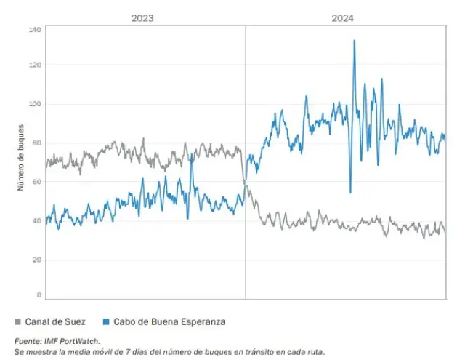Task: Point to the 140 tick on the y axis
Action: pyautogui.click(x=35, y=30)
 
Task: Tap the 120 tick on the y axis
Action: pyautogui.click(x=35, y=65)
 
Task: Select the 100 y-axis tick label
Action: pyautogui.click(x=35, y=104)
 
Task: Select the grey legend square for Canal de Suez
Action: pyautogui.click(x=17, y=321)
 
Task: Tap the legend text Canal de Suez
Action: pyautogui.click(x=55, y=321)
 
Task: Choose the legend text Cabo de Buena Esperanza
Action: pyautogui.click(x=163, y=321)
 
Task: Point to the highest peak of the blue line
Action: pyautogui.click(x=354, y=41)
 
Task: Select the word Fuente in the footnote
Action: pyautogui.click(x=28, y=340)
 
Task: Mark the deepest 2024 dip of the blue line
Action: pyautogui.click(x=350, y=192)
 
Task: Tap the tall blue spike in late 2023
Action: pyautogui.click(x=191, y=156)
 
